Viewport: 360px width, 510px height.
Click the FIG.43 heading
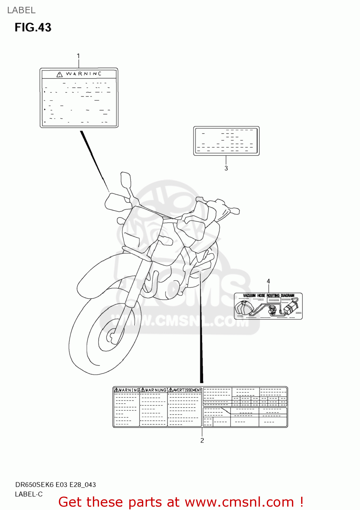tap(33, 28)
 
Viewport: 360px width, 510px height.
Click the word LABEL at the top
tap(21, 10)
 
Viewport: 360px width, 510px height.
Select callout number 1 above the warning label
tap(78, 56)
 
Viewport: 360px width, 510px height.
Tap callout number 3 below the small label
tap(226, 168)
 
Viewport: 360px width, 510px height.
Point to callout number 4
tap(268, 281)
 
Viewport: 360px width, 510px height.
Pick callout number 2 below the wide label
tap(202, 441)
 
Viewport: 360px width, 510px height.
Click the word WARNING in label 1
tap(83, 74)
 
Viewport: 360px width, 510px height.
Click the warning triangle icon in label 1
tap(60, 74)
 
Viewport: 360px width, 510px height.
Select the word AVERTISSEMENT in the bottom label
tap(187, 390)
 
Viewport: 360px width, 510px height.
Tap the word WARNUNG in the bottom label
tap(156, 390)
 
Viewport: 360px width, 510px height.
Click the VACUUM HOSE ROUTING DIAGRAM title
tap(268, 295)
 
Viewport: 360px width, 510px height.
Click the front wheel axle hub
tap(111, 337)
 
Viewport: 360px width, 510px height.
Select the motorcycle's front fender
tap(99, 275)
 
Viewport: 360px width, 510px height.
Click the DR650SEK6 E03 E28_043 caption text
tap(55, 485)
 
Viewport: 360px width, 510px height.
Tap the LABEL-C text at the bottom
tap(29, 494)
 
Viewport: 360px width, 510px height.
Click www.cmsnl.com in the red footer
tap(239, 502)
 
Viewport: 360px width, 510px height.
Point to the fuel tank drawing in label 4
tap(244, 308)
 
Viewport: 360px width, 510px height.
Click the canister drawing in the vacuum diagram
tap(290, 308)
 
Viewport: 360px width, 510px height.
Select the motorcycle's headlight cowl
tap(136, 231)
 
